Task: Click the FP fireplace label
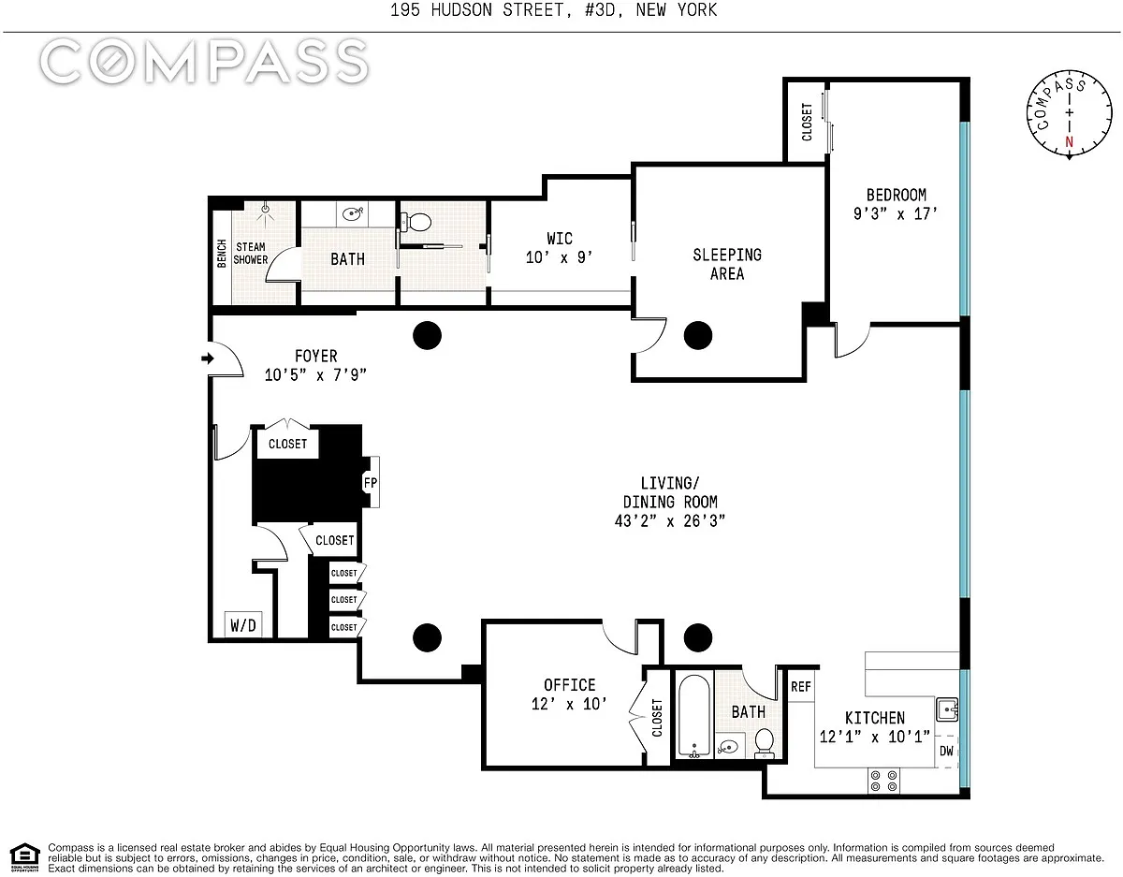(x=370, y=483)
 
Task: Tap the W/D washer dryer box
(x=243, y=625)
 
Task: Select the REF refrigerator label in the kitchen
(x=800, y=686)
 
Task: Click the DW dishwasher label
(x=946, y=751)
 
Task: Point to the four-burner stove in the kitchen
(x=883, y=781)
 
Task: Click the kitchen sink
(x=947, y=709)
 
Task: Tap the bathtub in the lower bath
(x=694, y=716)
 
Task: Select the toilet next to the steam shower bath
(x=416, y=223)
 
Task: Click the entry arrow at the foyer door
(x=207, y=358)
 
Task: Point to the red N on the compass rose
(x=1070, y=141)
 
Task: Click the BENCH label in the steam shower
(x=222, y=254)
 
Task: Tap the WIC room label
(x=560, y=239)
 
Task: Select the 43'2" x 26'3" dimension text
(x=670, y=521)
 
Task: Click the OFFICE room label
(x=570, y=685)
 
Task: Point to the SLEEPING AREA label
(x=727, y=264)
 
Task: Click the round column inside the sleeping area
(x=698, y=335)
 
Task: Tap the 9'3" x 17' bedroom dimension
(x=896, y=213)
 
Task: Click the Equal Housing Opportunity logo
(x=24, y=857)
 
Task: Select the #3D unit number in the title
(x=600, y=9)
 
